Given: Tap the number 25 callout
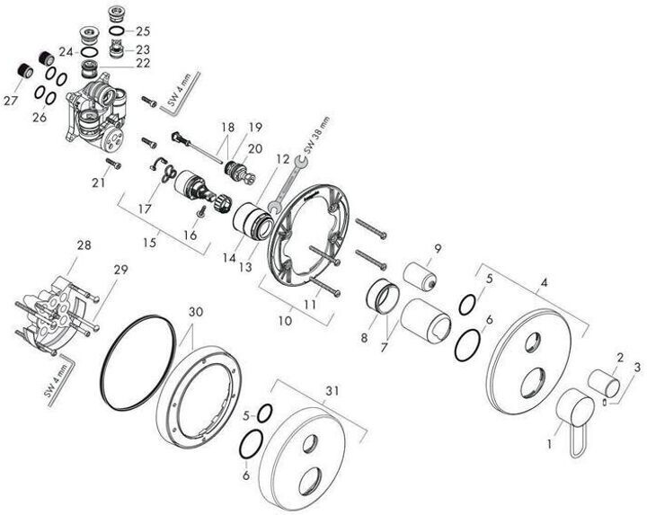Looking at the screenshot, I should pos(143,31).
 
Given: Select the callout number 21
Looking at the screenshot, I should pos(99,182).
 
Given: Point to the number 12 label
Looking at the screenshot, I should pos(284,158).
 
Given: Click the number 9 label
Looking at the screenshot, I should pos(439,249).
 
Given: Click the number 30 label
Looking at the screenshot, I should pos(196,313).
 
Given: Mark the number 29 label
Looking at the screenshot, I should pos(120,269).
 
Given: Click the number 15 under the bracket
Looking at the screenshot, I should pos(151,243).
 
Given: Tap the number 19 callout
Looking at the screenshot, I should pos(254,127).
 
